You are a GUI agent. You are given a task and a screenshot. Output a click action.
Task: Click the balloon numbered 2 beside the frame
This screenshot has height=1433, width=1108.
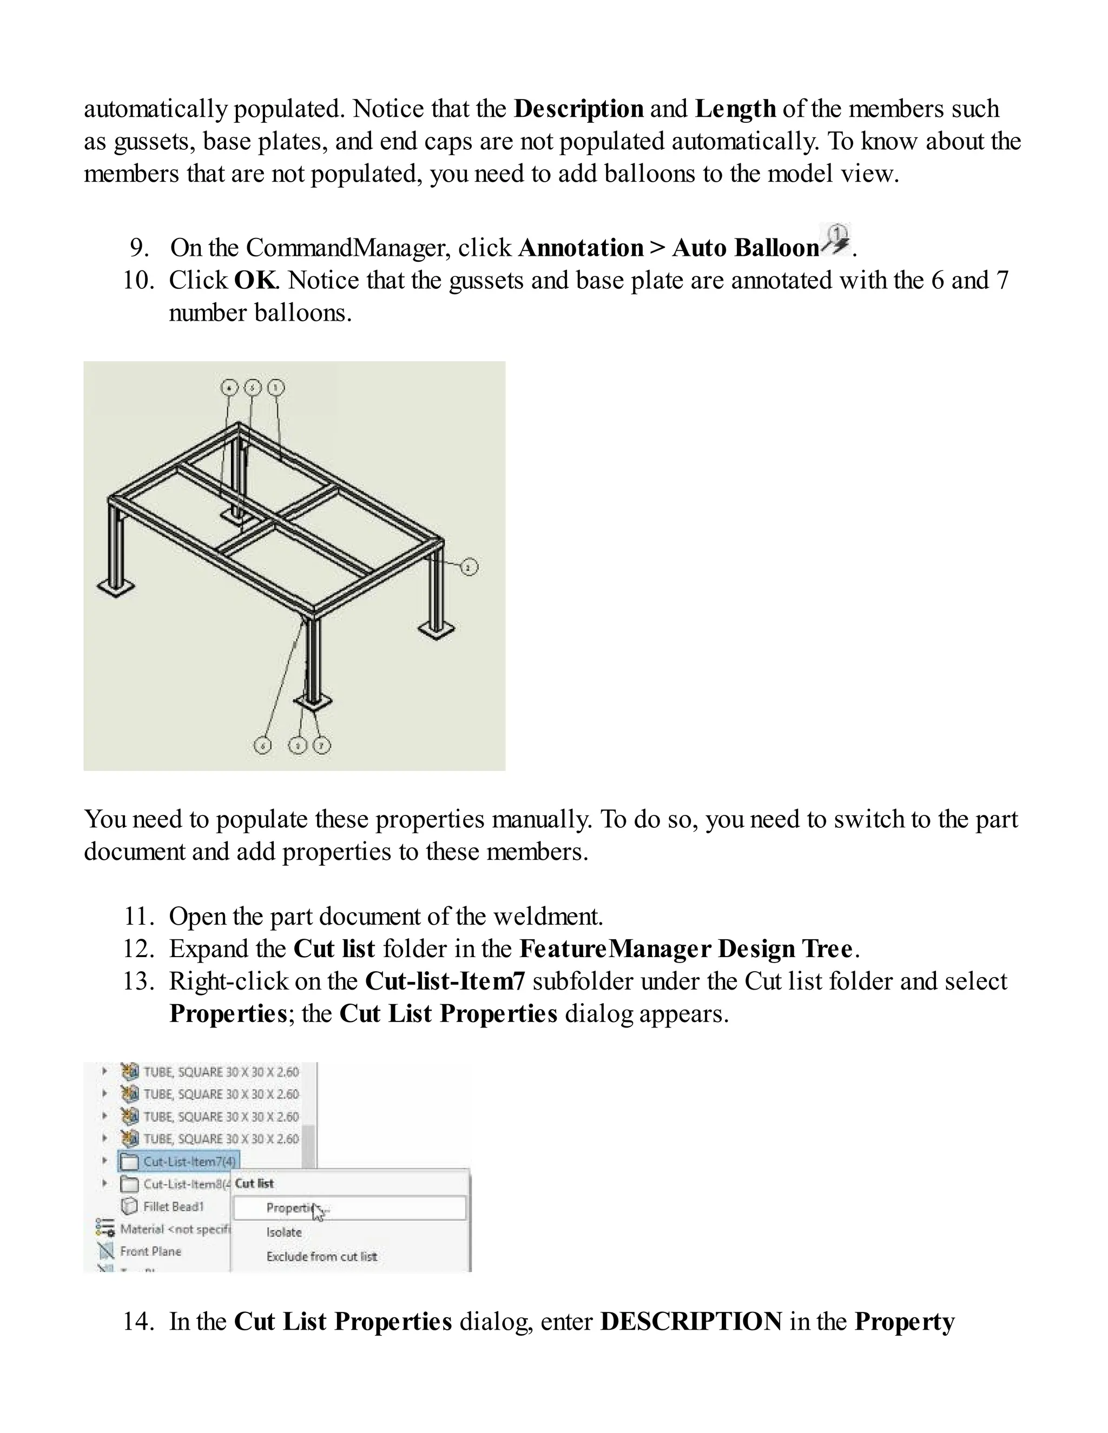click(469, 567)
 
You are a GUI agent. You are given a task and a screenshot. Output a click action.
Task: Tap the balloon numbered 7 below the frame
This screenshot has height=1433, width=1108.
click(321, 746)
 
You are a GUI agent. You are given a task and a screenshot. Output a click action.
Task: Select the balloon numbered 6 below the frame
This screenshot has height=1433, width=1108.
click(262, 746)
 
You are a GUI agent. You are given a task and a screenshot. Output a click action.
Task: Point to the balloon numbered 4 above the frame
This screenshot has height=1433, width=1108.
click(228, 388)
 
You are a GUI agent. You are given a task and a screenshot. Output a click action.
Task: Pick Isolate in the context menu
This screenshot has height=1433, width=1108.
click(283, 1232)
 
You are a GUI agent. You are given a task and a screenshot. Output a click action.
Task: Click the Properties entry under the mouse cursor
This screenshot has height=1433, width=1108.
click(289, 1208)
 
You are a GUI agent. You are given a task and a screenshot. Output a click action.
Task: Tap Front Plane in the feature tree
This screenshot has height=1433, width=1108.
click(150, 1251)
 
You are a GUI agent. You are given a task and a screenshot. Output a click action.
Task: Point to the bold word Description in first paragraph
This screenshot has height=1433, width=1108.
click(578, 109)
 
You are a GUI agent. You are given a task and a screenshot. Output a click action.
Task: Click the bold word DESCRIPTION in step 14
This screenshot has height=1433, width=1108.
click(690, 1322)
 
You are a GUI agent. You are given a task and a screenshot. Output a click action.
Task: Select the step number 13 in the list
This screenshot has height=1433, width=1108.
click(138, 981)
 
